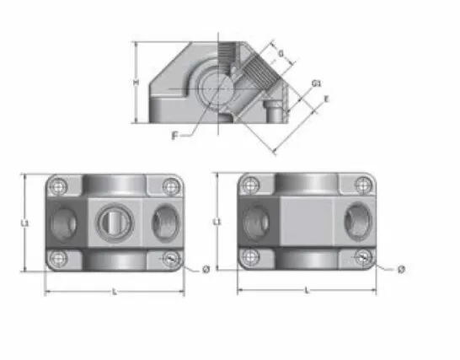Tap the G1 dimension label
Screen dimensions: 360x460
[314, 83]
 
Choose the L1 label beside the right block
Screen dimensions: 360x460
[218, 222]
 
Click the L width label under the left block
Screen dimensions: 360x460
[114, 290]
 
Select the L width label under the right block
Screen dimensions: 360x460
[306, 289]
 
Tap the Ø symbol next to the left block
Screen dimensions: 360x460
[206, 270]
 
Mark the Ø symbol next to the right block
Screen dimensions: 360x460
[400, 270]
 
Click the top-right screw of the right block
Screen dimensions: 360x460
[362, 185]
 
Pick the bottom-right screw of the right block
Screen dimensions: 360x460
[362, 258]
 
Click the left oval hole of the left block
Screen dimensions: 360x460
[64, 223]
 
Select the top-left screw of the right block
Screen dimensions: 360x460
[250, 186]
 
